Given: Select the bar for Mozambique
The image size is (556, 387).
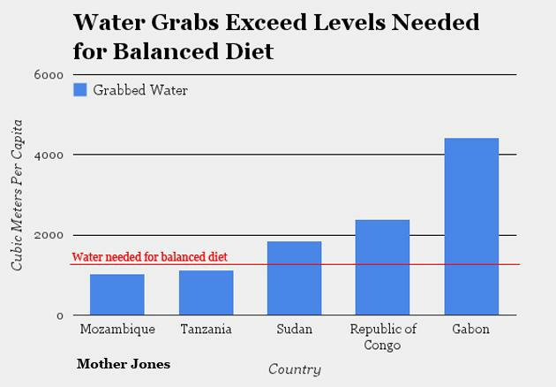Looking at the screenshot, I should pyautogui.click(x=116, y=294).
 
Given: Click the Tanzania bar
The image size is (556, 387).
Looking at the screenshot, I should pyautogui.click(x=206, y=292).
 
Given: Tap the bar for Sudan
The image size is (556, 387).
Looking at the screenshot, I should pyautogui.click(x=294, y=278).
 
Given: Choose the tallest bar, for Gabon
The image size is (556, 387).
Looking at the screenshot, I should pyautogui.click(x=471, y=226).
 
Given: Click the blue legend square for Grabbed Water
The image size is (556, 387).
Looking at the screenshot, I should pyautogui.click(x=79, y=89).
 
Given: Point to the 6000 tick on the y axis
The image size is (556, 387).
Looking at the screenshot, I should pyautogui.click(x=49, y=75).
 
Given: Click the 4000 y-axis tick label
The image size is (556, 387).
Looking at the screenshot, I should pyautogui.click(x=49, y=156).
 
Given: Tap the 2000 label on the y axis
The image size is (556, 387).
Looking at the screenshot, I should pyautogui.click(x=49, y=236).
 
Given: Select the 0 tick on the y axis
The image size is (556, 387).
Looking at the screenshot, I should pyautogui.click(x=59, y=315).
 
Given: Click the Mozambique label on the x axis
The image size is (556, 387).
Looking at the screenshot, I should pyautogui.click(x=116, y=330).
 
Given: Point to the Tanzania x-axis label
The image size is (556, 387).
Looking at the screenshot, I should pyautogui.click(x=206, y=330).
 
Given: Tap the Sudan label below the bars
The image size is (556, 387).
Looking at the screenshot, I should pyautogui.click(x=294, y=330).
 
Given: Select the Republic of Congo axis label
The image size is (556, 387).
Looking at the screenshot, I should pyautogui.click(x=383, y=337).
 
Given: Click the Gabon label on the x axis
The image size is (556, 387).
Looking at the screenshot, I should pyautogui.click(x=470, y=330).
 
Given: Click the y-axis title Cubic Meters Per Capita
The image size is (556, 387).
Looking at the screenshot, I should pyautogui.click(x=17, y=194).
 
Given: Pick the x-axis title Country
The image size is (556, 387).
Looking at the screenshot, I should pyautogui.click(x=294, y=369).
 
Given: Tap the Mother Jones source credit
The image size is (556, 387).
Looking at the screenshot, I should pyautogui.click(x=124, y=364).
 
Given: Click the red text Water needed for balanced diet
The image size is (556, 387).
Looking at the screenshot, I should pyautogui.click(x=149, y=257).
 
